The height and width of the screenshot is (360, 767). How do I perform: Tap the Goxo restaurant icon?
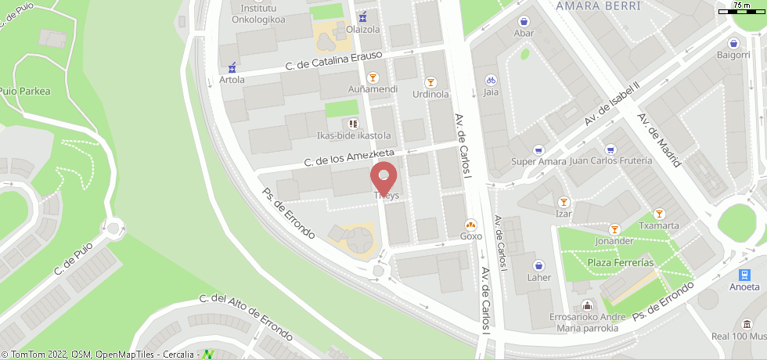click(471, 223)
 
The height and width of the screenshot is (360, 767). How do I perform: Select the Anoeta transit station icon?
click(744, 275)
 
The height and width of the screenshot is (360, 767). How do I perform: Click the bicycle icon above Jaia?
click(491, 80)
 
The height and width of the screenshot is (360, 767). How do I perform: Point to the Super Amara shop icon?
click(538, 149)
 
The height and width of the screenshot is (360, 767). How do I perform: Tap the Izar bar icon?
click(564, 201)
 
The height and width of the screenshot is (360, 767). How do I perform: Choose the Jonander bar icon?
click(614, 229)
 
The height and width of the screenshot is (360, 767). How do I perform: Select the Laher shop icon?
click(538, 265)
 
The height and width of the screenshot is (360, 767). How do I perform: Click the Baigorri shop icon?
click(734, 43)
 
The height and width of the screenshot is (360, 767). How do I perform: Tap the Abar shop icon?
click(524, 21)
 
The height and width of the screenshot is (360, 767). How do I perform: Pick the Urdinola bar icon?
click(430, 82)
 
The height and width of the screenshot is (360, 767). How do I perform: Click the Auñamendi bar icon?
click(373, 77)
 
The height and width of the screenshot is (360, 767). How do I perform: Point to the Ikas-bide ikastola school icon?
click(353, 123)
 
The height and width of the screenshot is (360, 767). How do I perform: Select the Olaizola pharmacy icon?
click(362, 17)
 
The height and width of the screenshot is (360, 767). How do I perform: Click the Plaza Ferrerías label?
click(621, 262)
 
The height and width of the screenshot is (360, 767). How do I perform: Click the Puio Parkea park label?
click(25, 91)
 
